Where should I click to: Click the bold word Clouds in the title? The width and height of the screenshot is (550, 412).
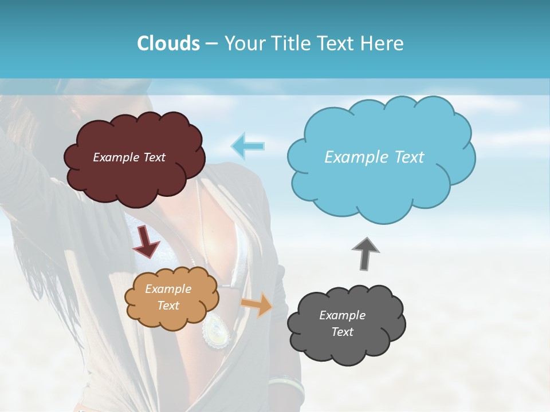(x=168, y=43)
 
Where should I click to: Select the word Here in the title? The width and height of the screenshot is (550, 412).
(x=383, y=43)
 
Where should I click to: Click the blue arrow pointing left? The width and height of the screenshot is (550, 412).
(x=247, y=146)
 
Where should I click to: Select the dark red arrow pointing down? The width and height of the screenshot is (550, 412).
(x=146, y=241)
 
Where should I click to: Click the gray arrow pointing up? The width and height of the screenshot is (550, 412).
(x=366, y=253)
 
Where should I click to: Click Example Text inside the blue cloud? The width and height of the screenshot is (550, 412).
(x=374, y=157)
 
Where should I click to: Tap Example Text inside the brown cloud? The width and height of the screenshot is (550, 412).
(x=129, y=157)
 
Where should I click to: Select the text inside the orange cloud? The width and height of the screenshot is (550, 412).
(x=168, y=297)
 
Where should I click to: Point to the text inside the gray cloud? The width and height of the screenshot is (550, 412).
(x=342, y=323)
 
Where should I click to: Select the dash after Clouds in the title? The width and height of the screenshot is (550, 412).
(x=211, y=43)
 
